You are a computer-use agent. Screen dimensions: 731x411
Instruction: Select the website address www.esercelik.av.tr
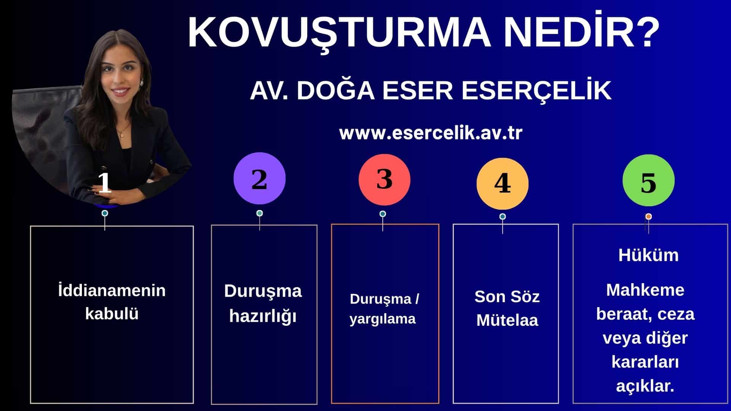point(431,133)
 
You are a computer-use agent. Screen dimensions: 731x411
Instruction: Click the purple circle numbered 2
point(259,178)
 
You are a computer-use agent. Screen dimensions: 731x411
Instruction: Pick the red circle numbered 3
point(385,180)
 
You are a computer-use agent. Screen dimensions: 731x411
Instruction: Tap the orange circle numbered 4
point(503,183)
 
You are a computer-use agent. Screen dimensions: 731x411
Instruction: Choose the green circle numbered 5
point(648,180)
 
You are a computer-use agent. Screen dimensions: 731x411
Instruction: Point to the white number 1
point(104,183)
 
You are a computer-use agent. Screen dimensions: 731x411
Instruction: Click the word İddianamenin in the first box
point(112,290)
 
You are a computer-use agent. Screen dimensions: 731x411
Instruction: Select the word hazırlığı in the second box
point(263,317)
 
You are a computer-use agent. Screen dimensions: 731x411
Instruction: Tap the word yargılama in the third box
point(383,319)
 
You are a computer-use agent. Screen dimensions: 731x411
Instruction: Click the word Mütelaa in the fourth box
point(507,320)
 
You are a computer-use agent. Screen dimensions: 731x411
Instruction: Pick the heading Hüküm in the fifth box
point(648,255)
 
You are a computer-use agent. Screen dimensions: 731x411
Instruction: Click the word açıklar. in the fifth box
point(645,386)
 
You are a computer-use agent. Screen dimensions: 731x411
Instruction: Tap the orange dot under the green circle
point(649,217)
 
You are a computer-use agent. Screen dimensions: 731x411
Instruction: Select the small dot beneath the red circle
point(383,214)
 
